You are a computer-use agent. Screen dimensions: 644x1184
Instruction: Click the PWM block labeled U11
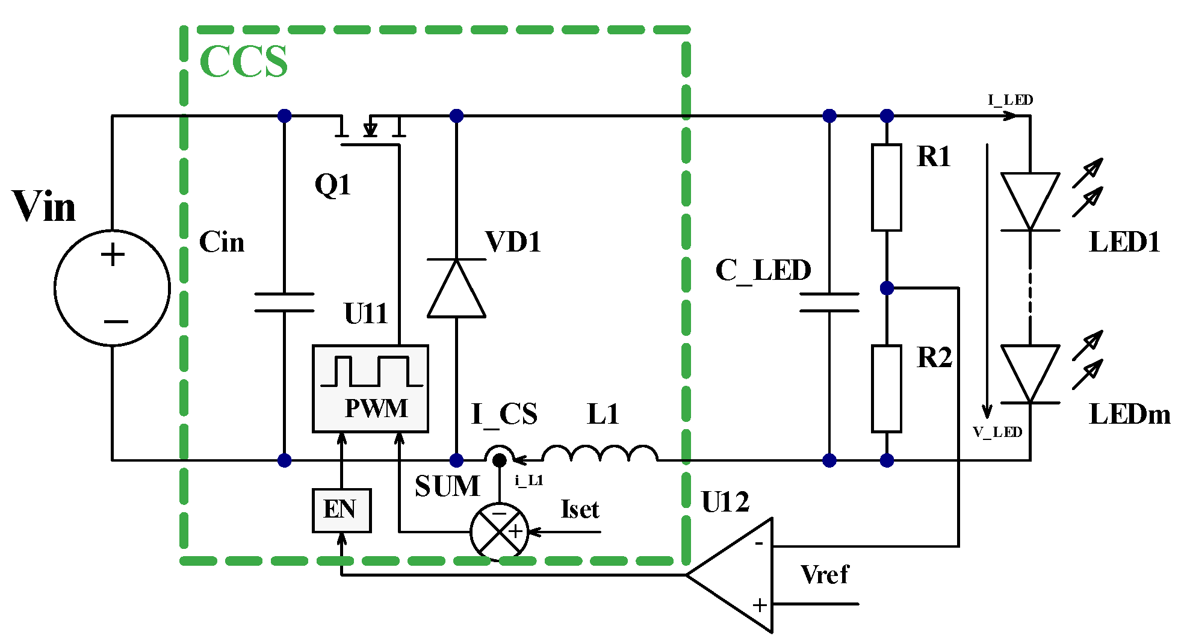point(370,389)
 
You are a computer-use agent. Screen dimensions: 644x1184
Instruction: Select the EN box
point(341,510)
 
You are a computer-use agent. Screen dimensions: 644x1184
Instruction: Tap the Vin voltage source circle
point(113,288)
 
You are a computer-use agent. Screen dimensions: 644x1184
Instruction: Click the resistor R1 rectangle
point(886,187)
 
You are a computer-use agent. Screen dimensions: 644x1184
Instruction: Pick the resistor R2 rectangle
point(886,388)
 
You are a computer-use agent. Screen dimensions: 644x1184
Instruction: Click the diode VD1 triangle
point(456,288)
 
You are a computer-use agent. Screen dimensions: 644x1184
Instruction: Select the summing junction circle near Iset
point(499,531)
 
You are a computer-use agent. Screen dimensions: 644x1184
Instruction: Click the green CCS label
point(244,61)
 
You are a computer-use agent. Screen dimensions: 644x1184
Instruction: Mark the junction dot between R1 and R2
point(887,288)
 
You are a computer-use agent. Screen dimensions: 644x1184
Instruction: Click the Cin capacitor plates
point(284,303)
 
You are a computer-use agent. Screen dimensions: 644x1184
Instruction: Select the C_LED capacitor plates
point(829,303)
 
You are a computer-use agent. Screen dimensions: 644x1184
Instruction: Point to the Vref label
point(824,575)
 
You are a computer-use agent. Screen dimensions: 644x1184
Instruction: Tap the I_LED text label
point(1010,100)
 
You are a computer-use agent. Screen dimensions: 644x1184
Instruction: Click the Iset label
point(579,510)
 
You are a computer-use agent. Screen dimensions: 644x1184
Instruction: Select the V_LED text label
point(997,432)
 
